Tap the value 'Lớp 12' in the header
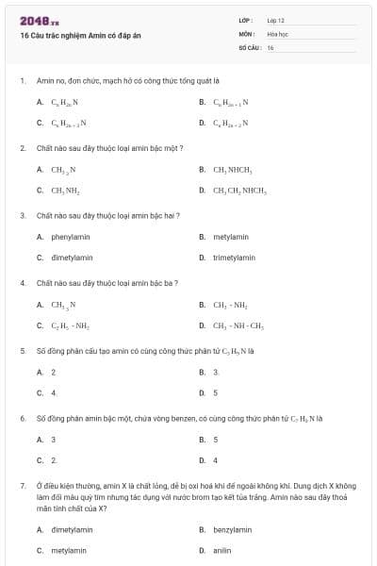pos(276,20)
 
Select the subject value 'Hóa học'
pos(276,33)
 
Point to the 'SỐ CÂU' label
pos(248,46)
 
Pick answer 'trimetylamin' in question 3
pos(234,257)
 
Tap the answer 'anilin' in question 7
pos(222,549)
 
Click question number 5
pos(22,350)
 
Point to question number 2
pos(22,148)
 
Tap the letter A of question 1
pos(40,102)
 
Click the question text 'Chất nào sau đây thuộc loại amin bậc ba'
pos(107,282)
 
